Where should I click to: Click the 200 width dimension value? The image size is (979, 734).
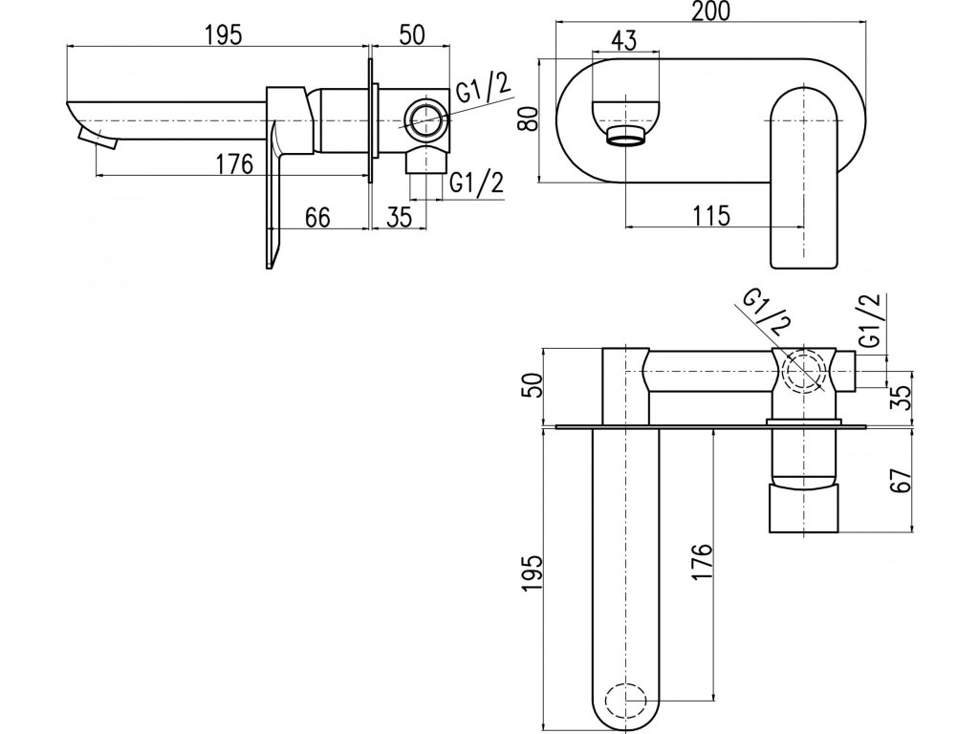(x=711, y=12)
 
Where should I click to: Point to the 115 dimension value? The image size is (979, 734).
(x=709, y=215)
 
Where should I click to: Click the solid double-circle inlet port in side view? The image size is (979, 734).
(x=424, y=121)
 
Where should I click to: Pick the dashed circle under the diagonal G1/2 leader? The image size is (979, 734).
(x=802, y=372)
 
